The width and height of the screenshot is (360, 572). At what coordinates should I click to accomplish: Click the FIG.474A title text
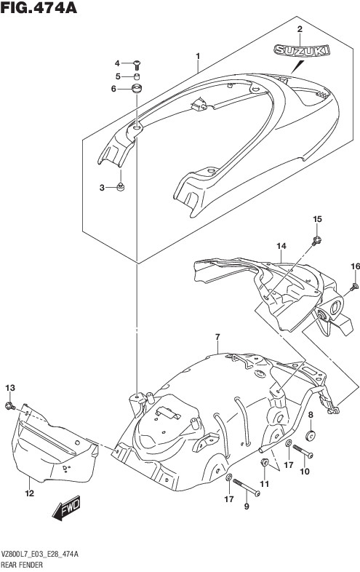[39, 7]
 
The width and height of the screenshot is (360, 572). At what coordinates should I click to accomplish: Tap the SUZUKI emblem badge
[302, 50]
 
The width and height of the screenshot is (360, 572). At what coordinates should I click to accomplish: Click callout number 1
[198, 56]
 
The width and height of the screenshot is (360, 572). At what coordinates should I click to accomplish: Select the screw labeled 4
[137, 65]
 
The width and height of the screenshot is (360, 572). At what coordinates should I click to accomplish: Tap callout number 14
[281, 246]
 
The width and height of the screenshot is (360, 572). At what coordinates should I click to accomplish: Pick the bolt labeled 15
[316, 240]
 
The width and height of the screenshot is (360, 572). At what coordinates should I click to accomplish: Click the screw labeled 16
[353, 287]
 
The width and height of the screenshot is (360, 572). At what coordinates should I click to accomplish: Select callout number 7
[217, 337]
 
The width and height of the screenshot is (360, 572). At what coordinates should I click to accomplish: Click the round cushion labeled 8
[311, 436]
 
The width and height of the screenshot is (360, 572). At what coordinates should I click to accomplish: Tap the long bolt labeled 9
[247, 488]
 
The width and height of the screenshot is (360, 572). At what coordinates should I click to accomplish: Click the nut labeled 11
[264, 464]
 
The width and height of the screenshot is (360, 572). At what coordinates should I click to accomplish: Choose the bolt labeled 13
[10, 405]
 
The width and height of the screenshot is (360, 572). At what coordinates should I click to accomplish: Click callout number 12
[30, 493]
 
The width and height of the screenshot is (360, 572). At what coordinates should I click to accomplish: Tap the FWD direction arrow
[66, 507]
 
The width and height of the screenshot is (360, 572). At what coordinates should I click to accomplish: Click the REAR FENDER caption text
[23, 565]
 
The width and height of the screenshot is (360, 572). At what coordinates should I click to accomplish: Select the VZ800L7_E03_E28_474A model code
[40, 555]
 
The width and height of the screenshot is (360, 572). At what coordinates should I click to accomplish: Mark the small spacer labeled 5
[137, 77]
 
